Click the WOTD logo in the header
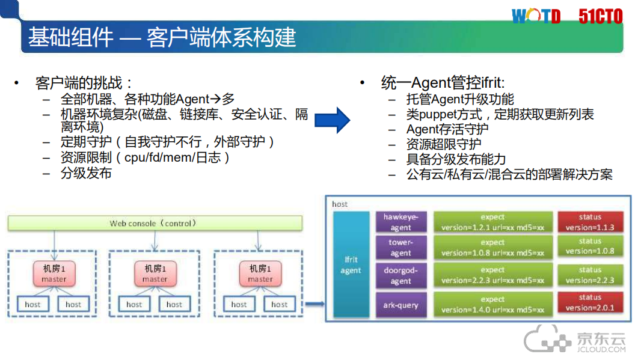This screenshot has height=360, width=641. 536,16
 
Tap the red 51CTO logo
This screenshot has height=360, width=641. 600,16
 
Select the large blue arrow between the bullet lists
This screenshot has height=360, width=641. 333,120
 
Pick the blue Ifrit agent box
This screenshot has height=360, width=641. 351,264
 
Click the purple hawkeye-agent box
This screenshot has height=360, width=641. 400,222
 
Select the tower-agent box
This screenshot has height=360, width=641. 400,247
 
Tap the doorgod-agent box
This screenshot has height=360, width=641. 400,275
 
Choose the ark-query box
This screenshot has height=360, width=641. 400,305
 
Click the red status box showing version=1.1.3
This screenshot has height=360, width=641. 590,222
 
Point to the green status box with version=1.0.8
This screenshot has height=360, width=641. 590,246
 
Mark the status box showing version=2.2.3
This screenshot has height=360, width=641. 590,275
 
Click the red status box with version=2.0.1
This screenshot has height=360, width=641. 590,303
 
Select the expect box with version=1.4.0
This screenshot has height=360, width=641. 492,305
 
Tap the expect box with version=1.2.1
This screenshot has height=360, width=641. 492,222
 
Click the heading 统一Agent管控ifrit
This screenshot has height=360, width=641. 443,83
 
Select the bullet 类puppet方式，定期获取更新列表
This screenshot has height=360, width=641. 500,114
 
